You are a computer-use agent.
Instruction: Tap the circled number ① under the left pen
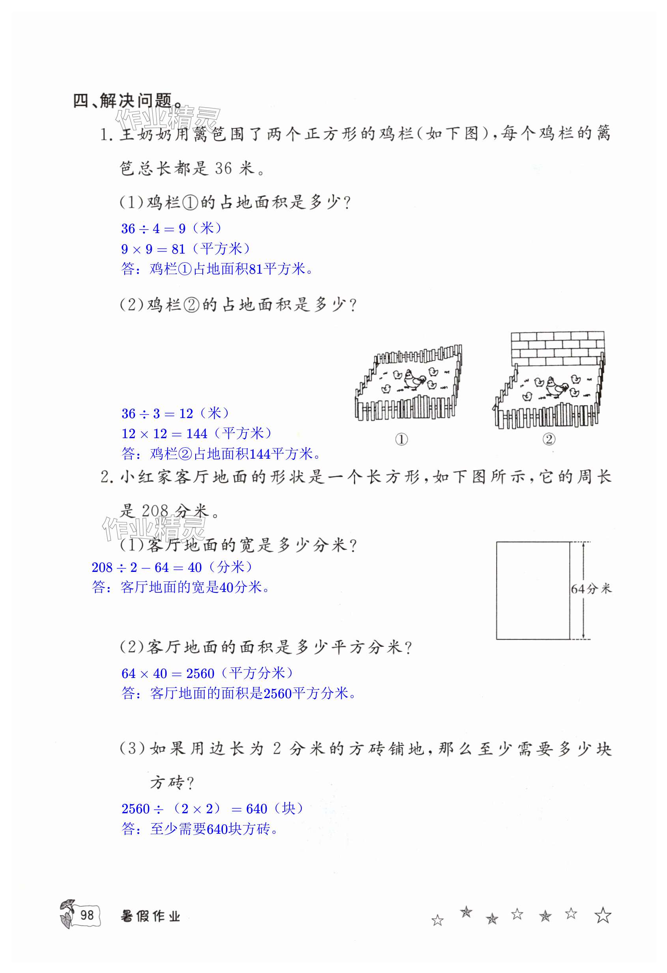(401, 439)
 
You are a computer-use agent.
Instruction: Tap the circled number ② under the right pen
(549, 439)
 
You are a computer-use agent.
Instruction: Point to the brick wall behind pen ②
(557, 350)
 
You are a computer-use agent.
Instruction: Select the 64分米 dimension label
(590, 589)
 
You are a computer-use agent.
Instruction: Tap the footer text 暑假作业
(150, 916)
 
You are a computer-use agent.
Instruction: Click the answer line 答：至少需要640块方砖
(199, 829)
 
